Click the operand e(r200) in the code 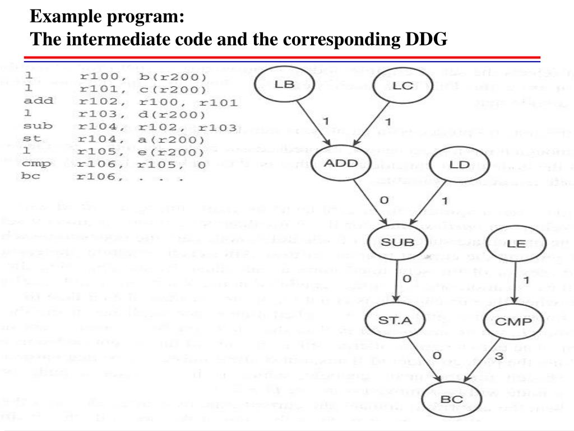click(x=176, y=152)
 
